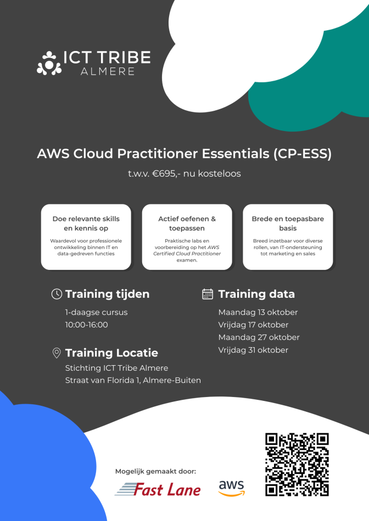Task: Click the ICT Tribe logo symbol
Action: (x=49, y=63)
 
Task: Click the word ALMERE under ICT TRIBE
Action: (x=108, y=71)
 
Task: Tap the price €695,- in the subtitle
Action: (x=165, y=173)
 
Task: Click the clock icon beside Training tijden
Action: (x=57, y=294)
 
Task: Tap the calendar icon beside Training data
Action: (x=208, y=294)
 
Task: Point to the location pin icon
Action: (x=57, y=353)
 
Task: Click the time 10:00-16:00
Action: (x=87, y=325)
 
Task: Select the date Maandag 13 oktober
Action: (x=258, y=313)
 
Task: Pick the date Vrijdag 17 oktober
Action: (x=253, y=325)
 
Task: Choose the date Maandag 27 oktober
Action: (x=259, y=337)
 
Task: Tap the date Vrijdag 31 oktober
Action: (x=253, y=350)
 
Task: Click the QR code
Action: (x=297, y=465)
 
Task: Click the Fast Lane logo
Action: (x=158, y=489)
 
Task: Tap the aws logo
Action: (x=232, y=488)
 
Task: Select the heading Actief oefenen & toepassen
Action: (x=187, y=224)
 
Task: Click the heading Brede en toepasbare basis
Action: (x=288, y=224)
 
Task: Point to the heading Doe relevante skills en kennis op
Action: (x=86, y=224)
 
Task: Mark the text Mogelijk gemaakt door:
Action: (x=156, y=472)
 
